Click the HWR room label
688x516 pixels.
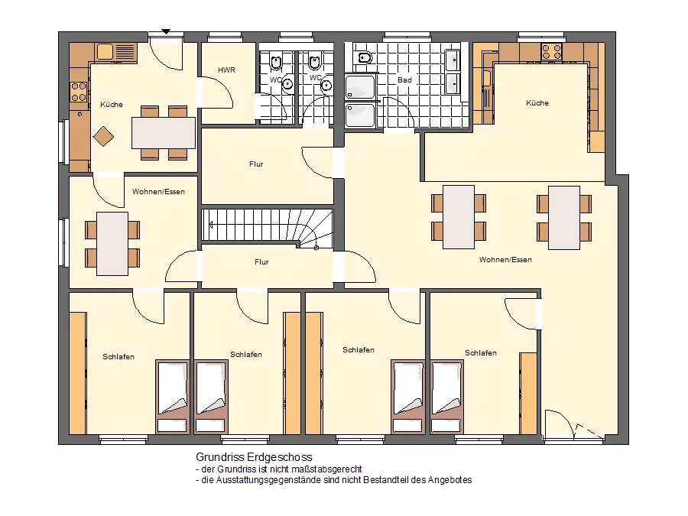coord(226,70)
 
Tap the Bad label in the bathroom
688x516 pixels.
coord(404,80)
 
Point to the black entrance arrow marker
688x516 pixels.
coord(166,31)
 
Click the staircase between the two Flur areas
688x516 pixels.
coord(268,226)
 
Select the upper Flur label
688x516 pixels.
coord(256,164)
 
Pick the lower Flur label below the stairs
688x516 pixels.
coord(261,262)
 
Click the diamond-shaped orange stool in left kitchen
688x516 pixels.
coord(103,137)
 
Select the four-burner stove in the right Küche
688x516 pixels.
coord(551,52)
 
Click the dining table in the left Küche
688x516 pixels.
coord(164,133)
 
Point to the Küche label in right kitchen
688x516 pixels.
coord(537,102)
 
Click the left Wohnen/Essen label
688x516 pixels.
coord(158,191)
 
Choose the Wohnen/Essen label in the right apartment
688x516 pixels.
coord(505,259)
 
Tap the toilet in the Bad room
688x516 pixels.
coord(365,57)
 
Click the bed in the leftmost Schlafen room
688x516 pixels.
coord(173,398)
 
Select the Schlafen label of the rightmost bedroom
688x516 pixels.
coord(481,352)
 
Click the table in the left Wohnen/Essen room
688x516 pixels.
coord(112,244)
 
